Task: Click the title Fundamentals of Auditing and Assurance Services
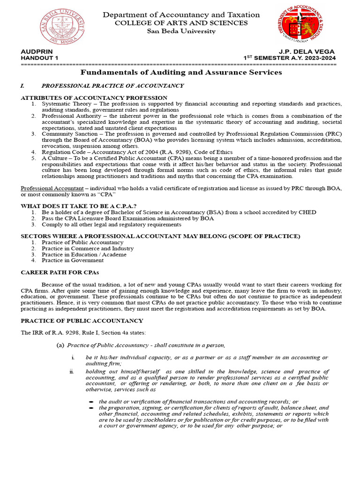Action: coord(181,73)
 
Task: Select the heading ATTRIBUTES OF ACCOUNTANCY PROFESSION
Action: coord(94,97)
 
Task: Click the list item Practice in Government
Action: coord(73,260)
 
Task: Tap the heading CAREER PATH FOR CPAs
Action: coord(60,272)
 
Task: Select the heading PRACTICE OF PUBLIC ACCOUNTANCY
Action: coord(82,321)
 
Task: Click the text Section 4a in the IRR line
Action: coord(116,333)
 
